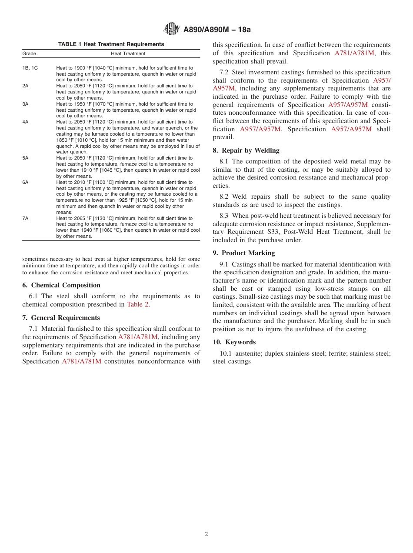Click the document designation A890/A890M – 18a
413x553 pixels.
point(217,30)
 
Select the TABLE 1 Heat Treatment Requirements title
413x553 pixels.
point(111,44)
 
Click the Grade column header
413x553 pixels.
point(30,53)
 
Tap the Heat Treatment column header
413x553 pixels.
point(128,53)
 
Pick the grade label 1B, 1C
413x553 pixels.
point(30,68)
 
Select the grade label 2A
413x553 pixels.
point(26,86)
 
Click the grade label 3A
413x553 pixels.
point(26,104)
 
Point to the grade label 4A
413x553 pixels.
point(26,122)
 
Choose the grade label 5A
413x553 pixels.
point(26,158)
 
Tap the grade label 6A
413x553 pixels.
point(26,182)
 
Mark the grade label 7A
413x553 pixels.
point(26,218)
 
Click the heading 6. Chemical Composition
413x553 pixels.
point(61,285)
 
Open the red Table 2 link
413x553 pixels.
point(138,304)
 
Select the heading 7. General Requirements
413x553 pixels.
point(61,318)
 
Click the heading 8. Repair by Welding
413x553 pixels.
point(246,150)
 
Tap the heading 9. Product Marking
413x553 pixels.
point(244,253)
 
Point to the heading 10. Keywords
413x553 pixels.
point(234,342)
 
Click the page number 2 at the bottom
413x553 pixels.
point(206,534)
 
